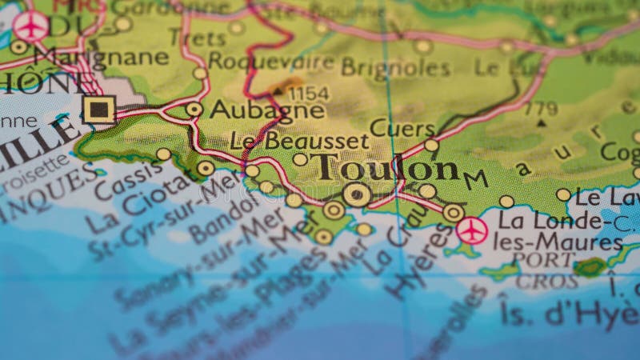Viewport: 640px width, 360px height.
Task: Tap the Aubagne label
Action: click(266, 110)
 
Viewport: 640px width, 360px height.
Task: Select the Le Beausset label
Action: click(299, 141)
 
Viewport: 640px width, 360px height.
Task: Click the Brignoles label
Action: click(396, 68)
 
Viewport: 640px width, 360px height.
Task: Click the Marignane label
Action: click(102, 58)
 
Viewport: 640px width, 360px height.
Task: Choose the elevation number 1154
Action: click(308, 93)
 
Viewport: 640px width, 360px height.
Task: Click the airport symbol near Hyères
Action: click(472, 231)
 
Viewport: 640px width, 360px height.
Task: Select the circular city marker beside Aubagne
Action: click(194, 109)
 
